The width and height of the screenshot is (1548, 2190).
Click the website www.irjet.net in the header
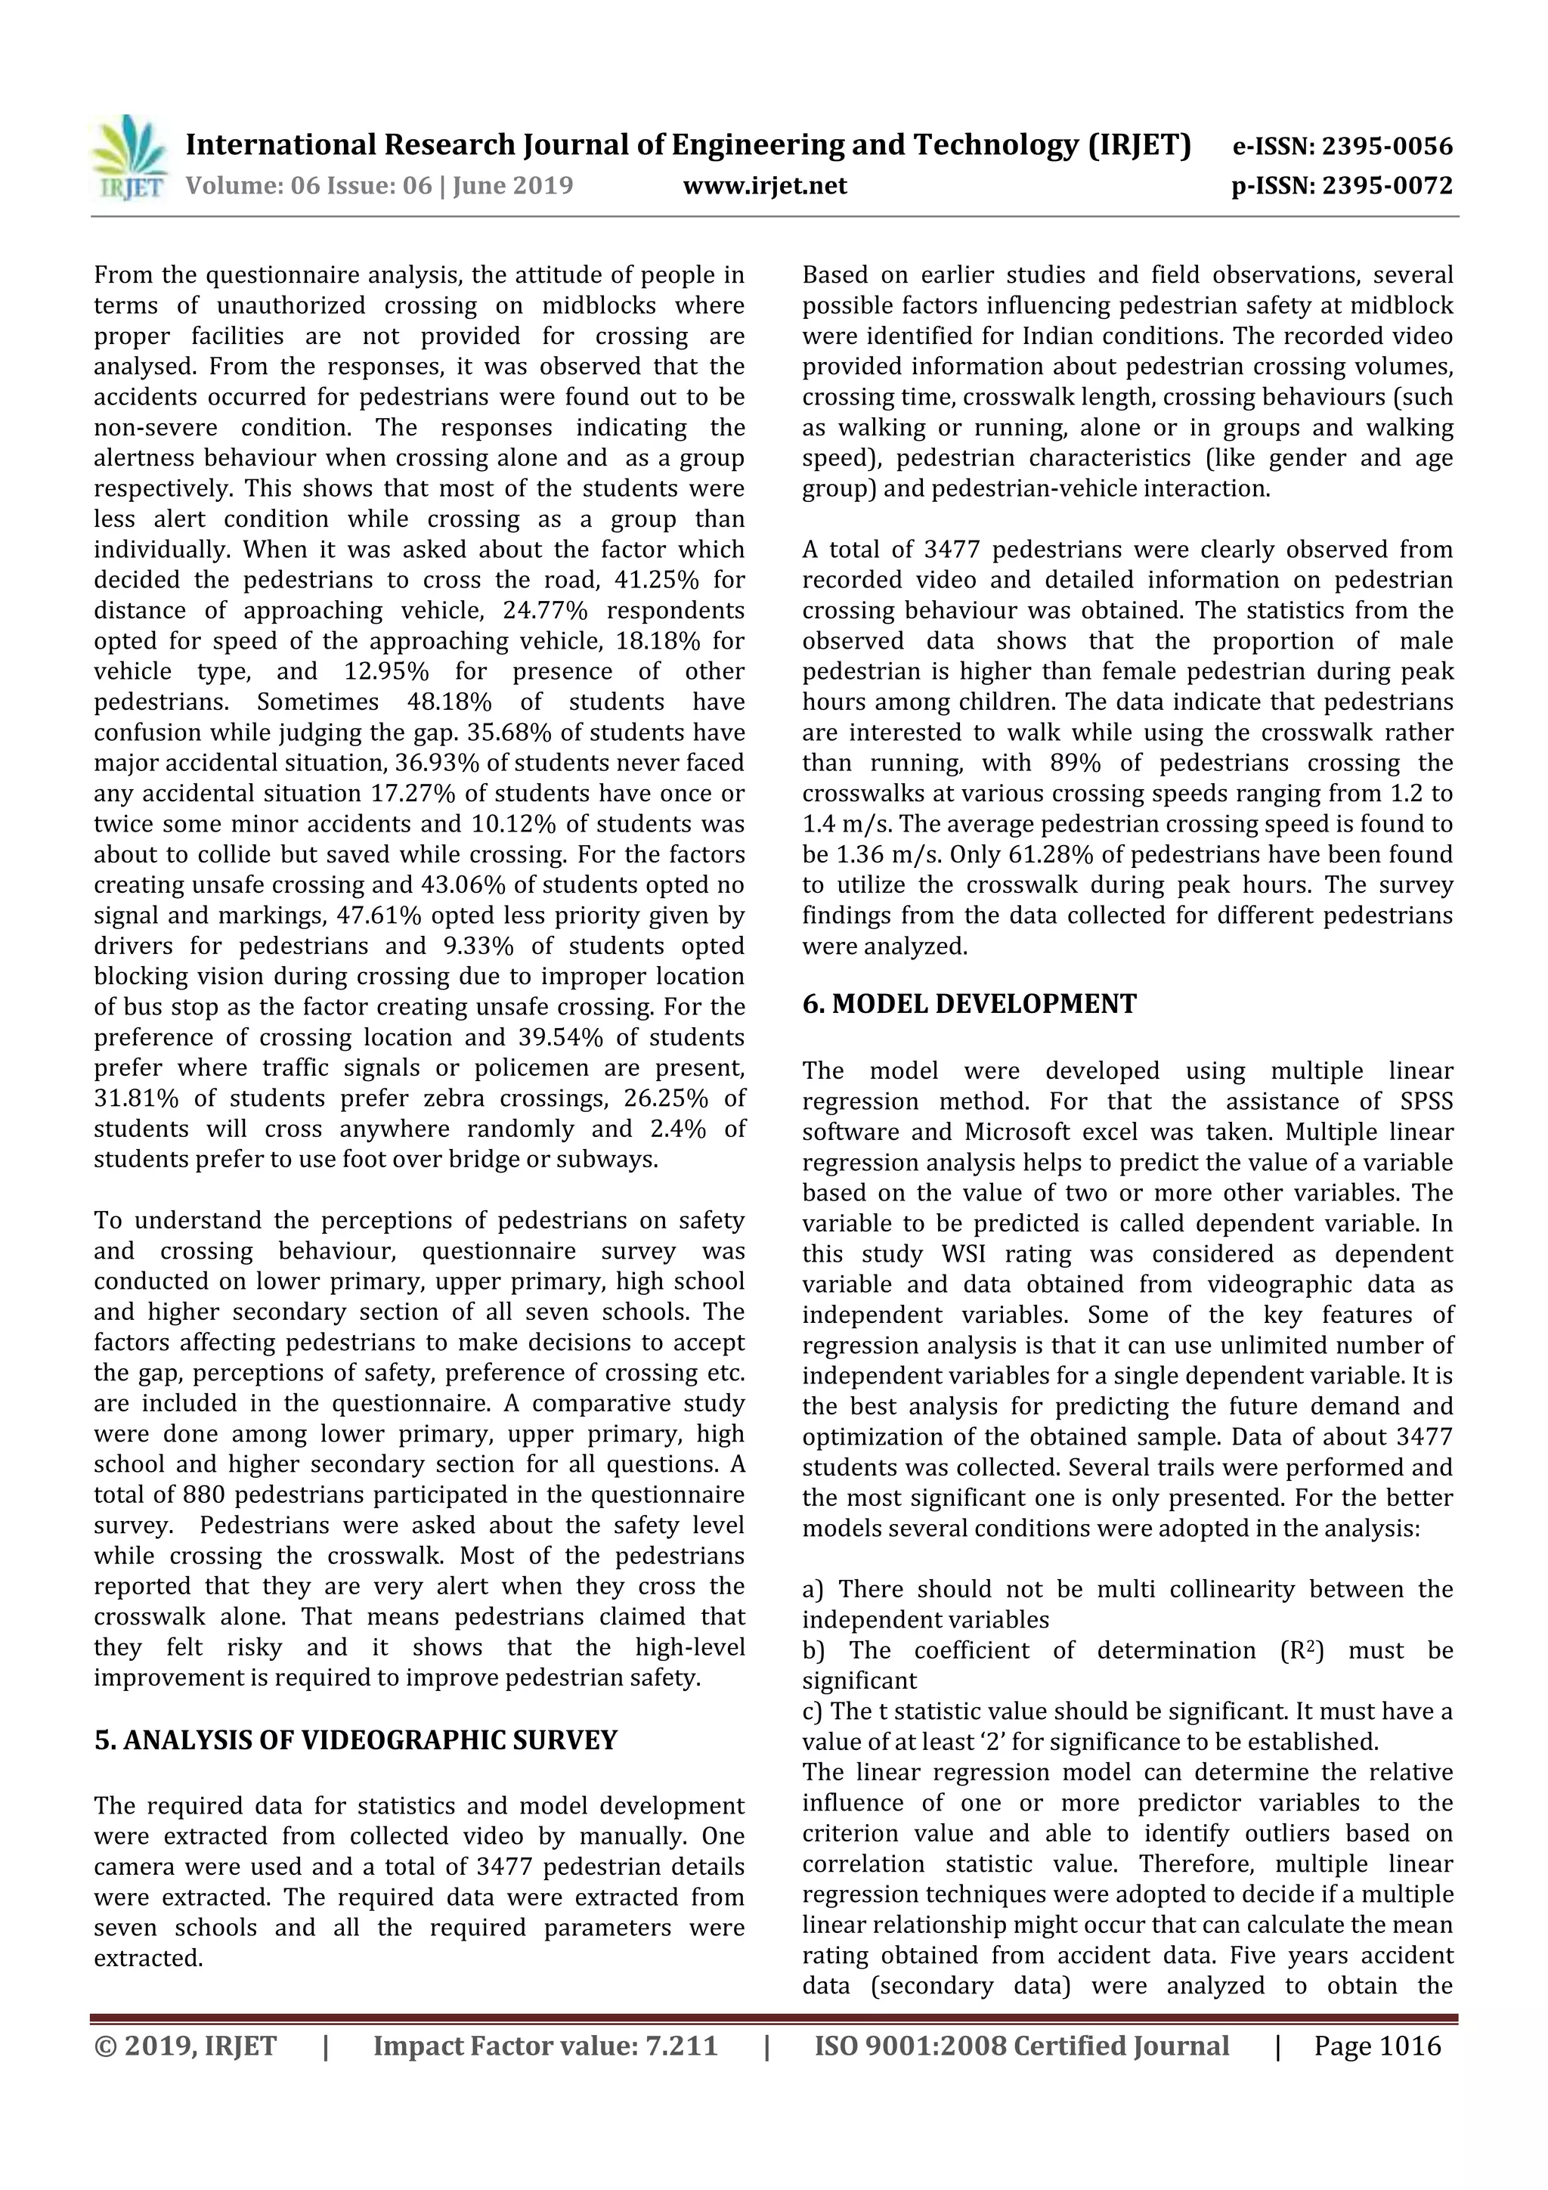tap(764, 186)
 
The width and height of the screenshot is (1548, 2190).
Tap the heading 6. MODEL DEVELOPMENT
tap(969, 1005)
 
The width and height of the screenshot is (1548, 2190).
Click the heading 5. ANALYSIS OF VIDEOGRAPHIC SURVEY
tap(356, 1741)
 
